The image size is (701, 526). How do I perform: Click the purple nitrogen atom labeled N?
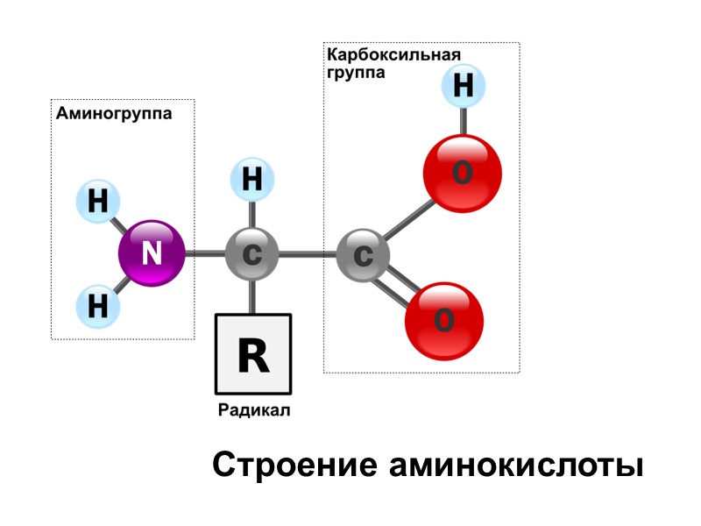pyautogui.click(x=152, y=253)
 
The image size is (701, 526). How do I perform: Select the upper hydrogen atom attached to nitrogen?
pyautogui.click(x=98, y=202)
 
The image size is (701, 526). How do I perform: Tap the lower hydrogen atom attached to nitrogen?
pyautogui.click(x=98, y=306)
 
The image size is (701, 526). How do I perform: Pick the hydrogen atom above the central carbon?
pyautogui.click(x=251, y=180)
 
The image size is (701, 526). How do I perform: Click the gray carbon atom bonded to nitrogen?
pyautogui.click(x=251, y=254)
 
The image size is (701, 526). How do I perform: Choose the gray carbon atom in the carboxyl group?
pyautogui.click(x=363, y=255)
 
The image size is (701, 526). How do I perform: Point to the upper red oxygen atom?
pyautogui.click(x=462, y=173)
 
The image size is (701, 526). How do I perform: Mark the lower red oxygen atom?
pyautogui.click(x=443, y=320)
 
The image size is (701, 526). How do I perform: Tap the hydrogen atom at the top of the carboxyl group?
pyautogui.click(x=464, y=88)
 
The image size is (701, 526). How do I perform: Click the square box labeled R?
pyautogui.click(x=253, y=353)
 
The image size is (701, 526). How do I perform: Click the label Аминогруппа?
pyautogui.click(x=114, y=113)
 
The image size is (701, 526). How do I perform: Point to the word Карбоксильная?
pyautogui.click(x=393, y=55)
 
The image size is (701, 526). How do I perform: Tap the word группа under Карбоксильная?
pyautogui.click(x=356, y=74)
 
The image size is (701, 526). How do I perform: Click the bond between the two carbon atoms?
pyautogui.click(x=307, y=255)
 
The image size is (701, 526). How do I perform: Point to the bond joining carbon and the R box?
pyautogui.click(x=252, y=296)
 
